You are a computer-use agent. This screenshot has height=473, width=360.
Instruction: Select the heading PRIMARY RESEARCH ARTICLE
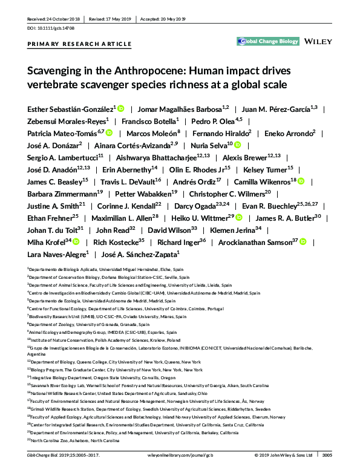coord(79,44)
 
